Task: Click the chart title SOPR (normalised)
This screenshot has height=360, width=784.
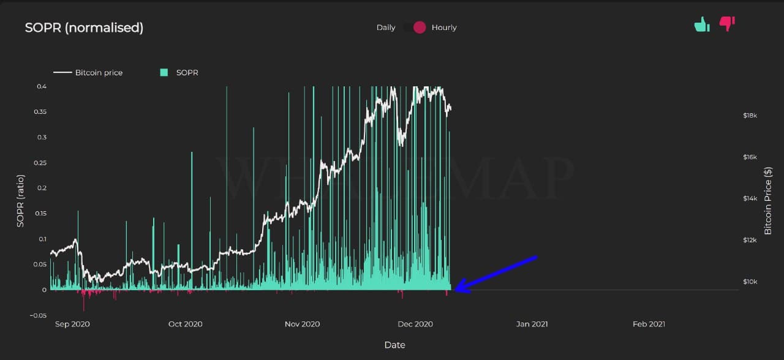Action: coord(84,28)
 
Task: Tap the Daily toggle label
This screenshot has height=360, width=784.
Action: coord(386,28)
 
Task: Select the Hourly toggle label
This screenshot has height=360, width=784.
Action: coord(444,28)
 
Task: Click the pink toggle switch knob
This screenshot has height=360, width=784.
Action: coord(419,28)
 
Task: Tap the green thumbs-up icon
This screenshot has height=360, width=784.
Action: coord(701,24)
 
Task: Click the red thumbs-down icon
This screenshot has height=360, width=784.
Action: coord(727,24)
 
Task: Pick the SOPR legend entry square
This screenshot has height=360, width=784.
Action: coord(164,72)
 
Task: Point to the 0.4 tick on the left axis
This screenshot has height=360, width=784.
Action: coord(41,86)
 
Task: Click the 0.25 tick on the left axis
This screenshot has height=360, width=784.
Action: coord(39,162)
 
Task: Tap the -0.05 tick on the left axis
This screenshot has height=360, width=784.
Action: coord(37,315)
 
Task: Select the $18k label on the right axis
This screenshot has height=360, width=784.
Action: coord(750,115)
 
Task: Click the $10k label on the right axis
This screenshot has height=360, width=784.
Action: coord(750,282)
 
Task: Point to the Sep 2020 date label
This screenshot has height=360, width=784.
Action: coord(72,324)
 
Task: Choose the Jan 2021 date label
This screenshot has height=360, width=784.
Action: coord(532,324)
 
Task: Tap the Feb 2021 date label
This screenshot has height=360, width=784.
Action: coord(649,324)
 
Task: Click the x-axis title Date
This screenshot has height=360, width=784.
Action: coord(394,345)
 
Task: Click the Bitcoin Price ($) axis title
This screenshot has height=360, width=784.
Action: coord(767,200)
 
